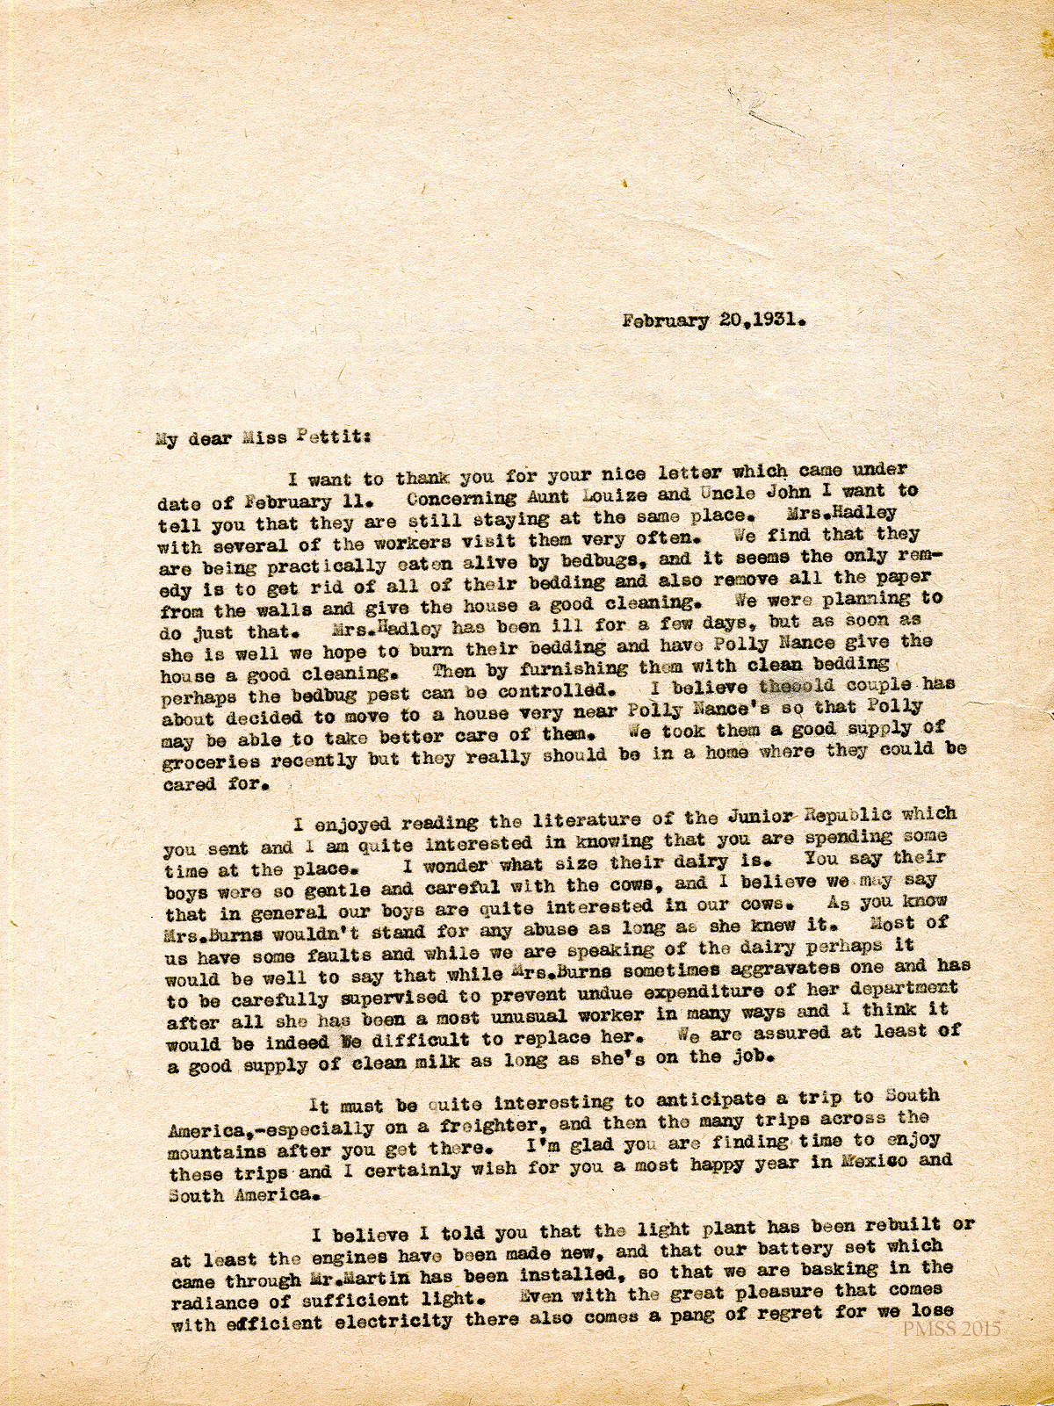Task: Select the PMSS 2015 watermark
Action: [x=952, y=1329]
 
